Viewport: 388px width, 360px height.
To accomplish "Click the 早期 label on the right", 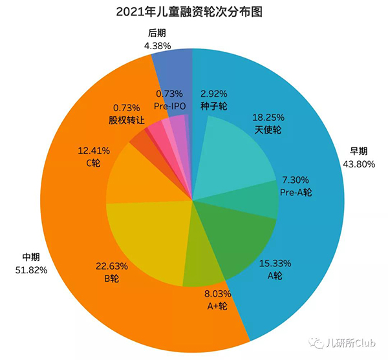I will (359, 152).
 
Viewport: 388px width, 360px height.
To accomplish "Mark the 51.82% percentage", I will (31, 270).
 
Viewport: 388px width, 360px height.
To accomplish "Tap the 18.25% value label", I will (266, 118).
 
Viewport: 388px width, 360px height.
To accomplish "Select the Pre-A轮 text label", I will (297, 192).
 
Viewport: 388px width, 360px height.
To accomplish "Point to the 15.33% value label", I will (275, 263).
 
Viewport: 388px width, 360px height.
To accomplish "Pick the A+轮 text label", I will (215, 305).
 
